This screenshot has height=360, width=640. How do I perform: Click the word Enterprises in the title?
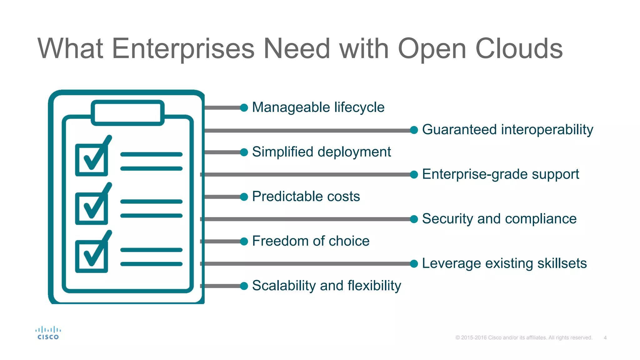183,48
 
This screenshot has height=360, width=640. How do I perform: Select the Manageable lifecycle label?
318,107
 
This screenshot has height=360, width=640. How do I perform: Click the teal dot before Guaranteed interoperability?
414,130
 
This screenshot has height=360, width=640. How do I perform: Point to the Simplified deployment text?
321,152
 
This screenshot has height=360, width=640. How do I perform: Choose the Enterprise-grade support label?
500,174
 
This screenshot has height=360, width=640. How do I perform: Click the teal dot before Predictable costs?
244,197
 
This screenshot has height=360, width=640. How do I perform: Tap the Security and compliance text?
499,219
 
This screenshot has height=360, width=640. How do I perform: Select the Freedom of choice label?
311,241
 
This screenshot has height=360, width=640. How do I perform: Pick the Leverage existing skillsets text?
504,263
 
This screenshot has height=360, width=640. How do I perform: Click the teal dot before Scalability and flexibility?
244,286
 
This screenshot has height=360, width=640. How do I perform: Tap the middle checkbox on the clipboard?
92,208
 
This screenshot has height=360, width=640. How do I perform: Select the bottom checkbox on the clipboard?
92,256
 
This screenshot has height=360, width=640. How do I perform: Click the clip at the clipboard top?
127,112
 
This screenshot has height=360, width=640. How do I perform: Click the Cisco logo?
48,333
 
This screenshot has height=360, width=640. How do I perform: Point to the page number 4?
605,338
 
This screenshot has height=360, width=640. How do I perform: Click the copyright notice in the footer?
524,338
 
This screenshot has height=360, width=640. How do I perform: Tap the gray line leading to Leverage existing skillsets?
306,264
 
